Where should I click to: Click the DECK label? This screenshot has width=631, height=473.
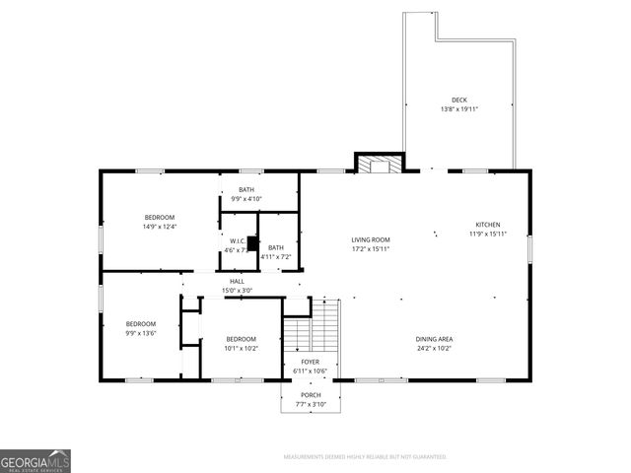[459, 100]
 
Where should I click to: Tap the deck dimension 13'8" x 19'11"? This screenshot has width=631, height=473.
[459, 109]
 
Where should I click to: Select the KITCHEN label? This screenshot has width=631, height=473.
[488, 224]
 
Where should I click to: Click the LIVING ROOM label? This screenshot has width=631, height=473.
[371, 239]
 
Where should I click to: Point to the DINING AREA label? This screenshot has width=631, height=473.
[434, 339]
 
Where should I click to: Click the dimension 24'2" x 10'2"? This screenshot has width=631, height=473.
[434, 349]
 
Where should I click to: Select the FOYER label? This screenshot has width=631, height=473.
[310, 362]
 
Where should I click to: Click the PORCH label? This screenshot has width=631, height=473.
[310, 395]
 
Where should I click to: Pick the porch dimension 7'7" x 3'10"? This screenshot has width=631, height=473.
[310, 405]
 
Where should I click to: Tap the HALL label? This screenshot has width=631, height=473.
[238, 281]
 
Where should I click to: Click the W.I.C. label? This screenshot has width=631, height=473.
[238, 240]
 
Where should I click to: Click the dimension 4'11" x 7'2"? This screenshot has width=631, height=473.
[276, 257]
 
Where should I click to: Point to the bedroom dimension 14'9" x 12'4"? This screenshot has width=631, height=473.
[160, 227]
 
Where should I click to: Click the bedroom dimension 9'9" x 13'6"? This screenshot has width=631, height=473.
[140, 333]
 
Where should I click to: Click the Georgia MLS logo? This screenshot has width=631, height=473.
[35, 460]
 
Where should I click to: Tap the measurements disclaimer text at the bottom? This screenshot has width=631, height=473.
[365, 457]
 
